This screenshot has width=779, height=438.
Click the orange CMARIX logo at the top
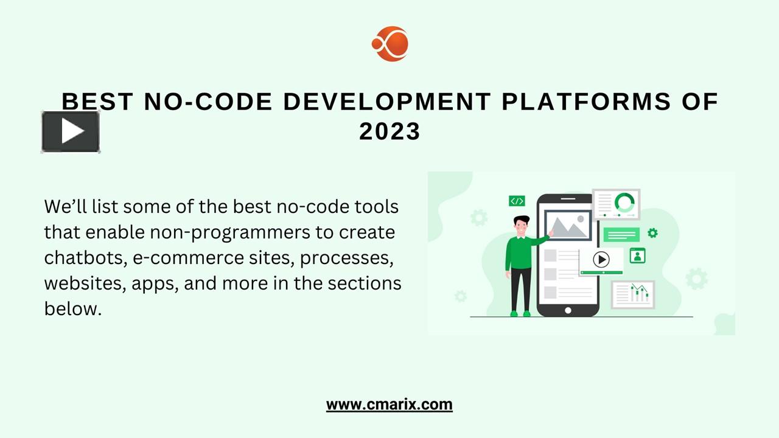click(390, 44)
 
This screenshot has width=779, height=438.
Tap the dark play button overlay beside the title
click(71, 131)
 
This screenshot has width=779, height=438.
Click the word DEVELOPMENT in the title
click(387, 102)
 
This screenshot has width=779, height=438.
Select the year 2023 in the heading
click(390, 131)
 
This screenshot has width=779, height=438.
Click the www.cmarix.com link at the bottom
click(389, 405)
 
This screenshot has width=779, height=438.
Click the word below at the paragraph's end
click(72, 308)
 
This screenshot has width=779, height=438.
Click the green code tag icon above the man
click(517, 201)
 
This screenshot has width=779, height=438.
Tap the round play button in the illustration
click(601, 259)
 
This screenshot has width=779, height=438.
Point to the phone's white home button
click(568, 310)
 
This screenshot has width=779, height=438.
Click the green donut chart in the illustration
click(624, 203)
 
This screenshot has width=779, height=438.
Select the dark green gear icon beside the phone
click(652, 232)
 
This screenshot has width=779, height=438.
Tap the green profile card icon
click(637, 255)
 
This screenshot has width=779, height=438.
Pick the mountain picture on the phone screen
click(568, 225)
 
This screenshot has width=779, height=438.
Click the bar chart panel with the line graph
click(634, 294)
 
